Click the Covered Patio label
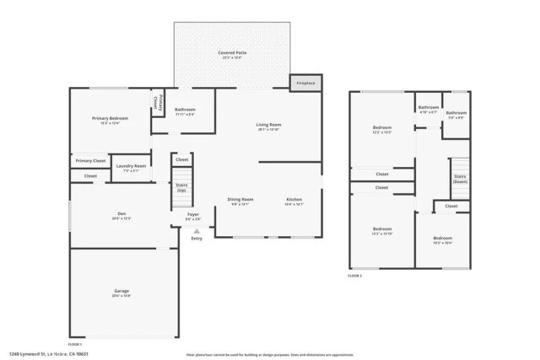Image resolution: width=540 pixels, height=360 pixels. click(232, 52)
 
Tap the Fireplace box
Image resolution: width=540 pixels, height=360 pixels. click(305, 83)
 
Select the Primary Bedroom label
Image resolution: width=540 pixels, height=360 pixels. click(110, 119)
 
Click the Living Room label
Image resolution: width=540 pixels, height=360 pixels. click(269, 125)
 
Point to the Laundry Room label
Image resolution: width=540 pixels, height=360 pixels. click(131, 166)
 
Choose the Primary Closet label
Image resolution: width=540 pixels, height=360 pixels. click(90, 160)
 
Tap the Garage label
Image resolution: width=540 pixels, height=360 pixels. click(122, 291)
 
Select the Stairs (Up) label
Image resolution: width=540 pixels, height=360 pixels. click(181, 186)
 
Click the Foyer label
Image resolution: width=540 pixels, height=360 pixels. click(193, 214)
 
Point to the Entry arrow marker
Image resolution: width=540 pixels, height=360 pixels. click(197, 229)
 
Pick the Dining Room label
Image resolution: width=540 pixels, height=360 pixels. click(240, 199)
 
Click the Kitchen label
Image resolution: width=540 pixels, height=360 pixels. click(294, 199)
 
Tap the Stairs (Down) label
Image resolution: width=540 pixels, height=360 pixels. click(460, 179)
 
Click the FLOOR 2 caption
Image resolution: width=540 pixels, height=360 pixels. click(355, 276)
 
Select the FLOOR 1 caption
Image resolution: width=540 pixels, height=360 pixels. click(75, 344)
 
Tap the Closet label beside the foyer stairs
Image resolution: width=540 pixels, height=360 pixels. click(181, 159)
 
